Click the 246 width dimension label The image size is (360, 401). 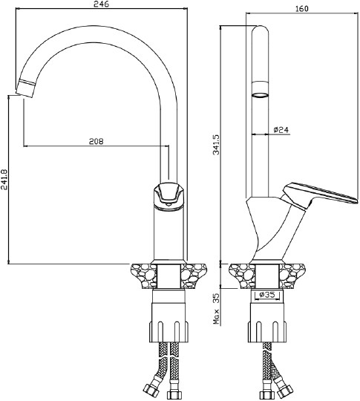tap(101, 4)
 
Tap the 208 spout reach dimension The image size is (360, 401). tap(96, 141)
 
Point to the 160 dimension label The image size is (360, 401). tap(301, 8)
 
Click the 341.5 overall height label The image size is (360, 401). tap(216, 145)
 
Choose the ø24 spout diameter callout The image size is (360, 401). tap(281, 130)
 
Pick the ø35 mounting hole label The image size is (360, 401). tap(267, 295)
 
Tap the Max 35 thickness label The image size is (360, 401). tap(216, 309)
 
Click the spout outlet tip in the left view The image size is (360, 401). tap(24, 89)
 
